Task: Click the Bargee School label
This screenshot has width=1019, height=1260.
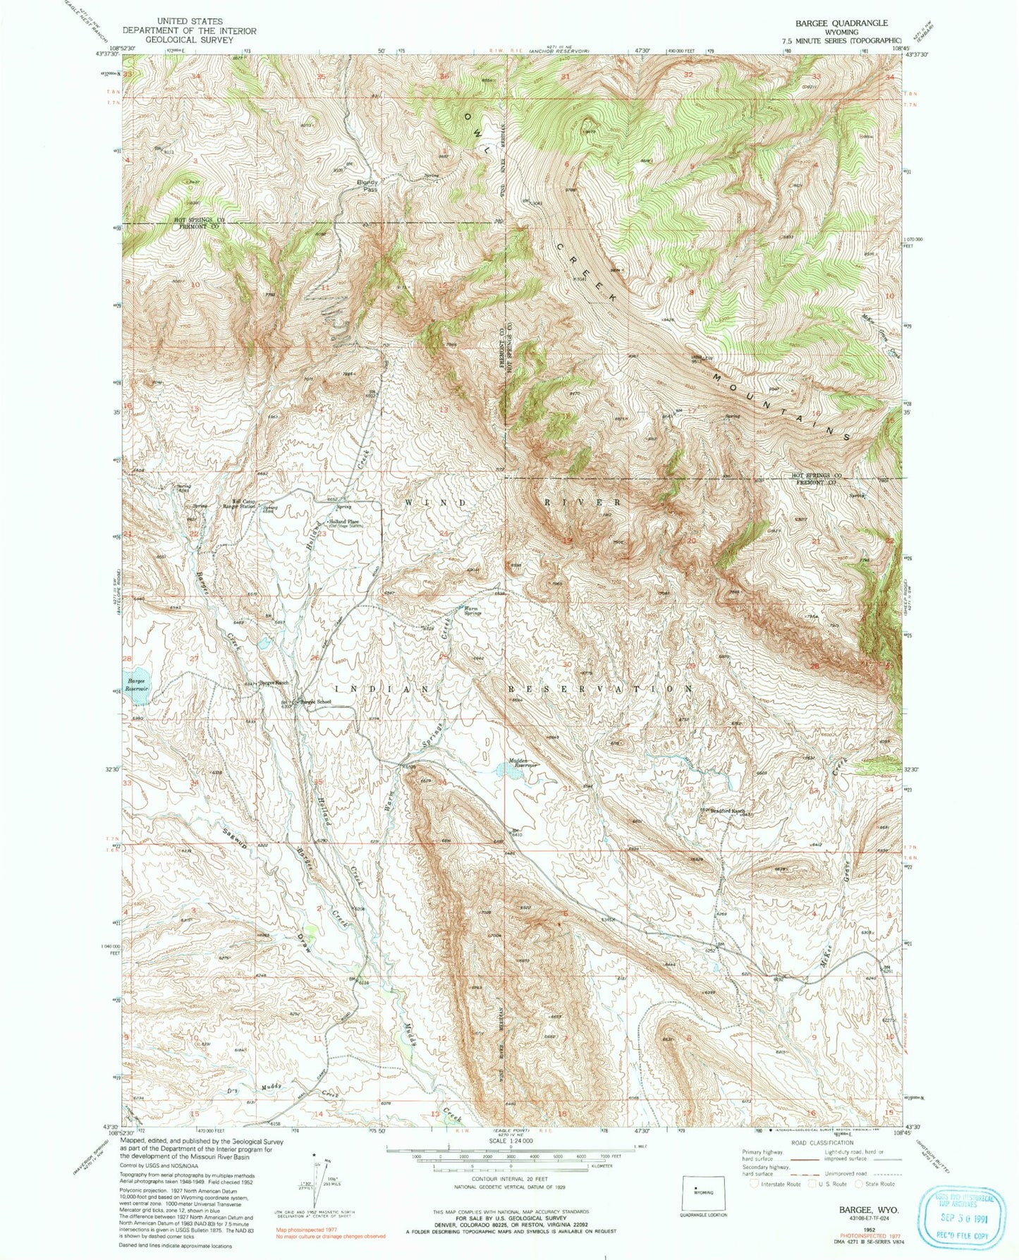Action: tap(316, 702)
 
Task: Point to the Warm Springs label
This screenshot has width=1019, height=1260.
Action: tap(471, 611)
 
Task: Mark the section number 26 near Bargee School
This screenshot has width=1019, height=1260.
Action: tap(315, 658)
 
